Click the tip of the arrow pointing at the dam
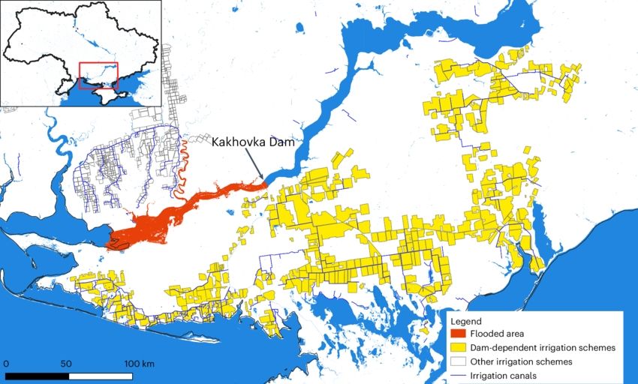263,180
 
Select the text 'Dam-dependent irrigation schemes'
543,348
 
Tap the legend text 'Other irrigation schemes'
522,361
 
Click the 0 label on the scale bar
6,364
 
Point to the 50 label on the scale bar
66,364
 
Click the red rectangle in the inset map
98,76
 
